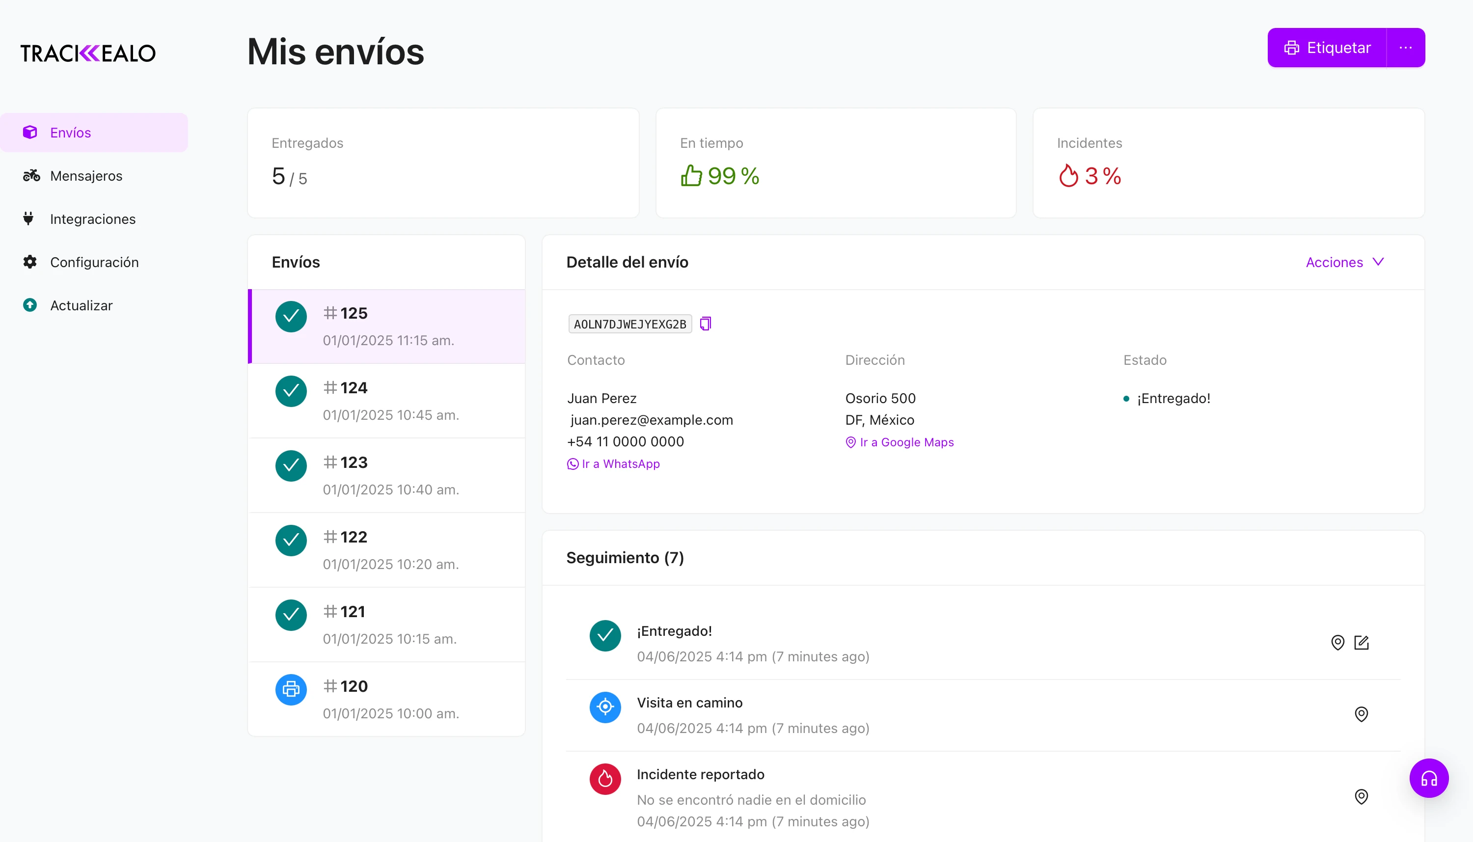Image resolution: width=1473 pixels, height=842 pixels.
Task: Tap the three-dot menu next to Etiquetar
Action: pyautogui.click(x=1405, y=48)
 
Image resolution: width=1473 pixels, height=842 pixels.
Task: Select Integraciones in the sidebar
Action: pyautogui.click(x=92, y=219)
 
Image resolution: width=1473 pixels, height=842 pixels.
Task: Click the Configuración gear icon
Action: pyautogui.click(x=30, y=262)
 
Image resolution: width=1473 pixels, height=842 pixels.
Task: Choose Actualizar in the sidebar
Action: pyautogui.click(x=81, y=305)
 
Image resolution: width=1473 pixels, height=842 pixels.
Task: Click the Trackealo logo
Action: pyautogui.click(x=88, y=53)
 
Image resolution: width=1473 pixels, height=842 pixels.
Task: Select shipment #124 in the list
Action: pyautogui.click(x=386, y=401)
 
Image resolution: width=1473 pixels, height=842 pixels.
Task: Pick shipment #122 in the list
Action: pyautogui.click(x=386, y=550)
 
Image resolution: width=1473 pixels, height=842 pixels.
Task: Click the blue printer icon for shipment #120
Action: pyautogui.click(x=291, y=689)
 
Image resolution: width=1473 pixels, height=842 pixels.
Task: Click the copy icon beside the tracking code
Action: pyautogui.click(x=706, y=324)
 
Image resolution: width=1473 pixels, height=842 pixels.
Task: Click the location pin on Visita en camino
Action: pyautogui.click(x=1362, y=714)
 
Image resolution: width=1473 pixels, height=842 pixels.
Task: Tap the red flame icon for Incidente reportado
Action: pyautogui.click(x=605, y=779)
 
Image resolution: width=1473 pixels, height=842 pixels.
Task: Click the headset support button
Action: pyautogui.click(x=1428, y=778)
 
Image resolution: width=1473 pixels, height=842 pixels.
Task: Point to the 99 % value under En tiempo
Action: pyautogui.click(x=733, y=176)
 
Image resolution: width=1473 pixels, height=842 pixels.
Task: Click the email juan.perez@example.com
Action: pyautogui.click(x=651, y=420)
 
